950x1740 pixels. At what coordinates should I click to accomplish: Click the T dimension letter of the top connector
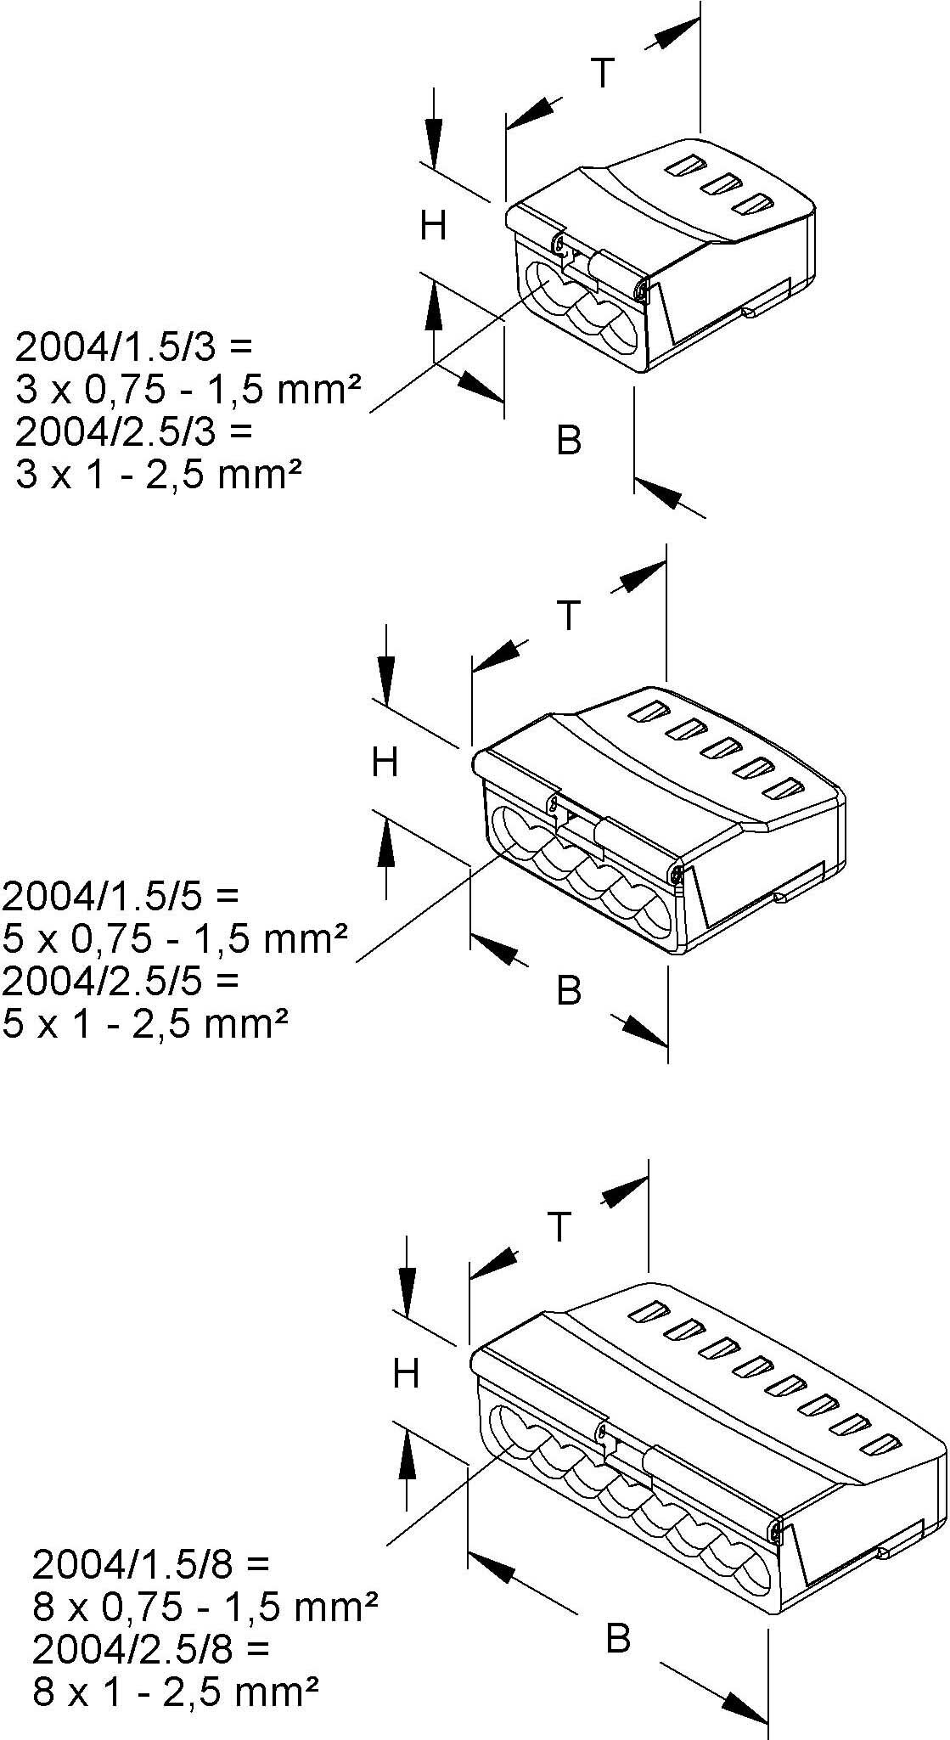(602, 73)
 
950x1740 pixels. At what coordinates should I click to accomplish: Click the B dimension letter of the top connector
(569, 440)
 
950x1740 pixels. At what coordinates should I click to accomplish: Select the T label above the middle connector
(568, 615)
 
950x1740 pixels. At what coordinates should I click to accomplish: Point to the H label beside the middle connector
(385, 763)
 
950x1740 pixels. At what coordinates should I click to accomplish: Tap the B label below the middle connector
(569, 990)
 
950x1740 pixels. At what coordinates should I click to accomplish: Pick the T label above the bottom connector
(559, 1226)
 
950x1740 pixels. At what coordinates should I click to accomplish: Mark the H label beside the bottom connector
(406, 1373)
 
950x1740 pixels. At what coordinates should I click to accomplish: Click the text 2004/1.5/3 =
(134, 346)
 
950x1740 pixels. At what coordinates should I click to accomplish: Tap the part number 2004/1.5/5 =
(121, 895)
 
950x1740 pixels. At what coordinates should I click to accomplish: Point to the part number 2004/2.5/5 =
(121, 980)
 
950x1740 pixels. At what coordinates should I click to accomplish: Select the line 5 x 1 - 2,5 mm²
(144, 1023)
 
